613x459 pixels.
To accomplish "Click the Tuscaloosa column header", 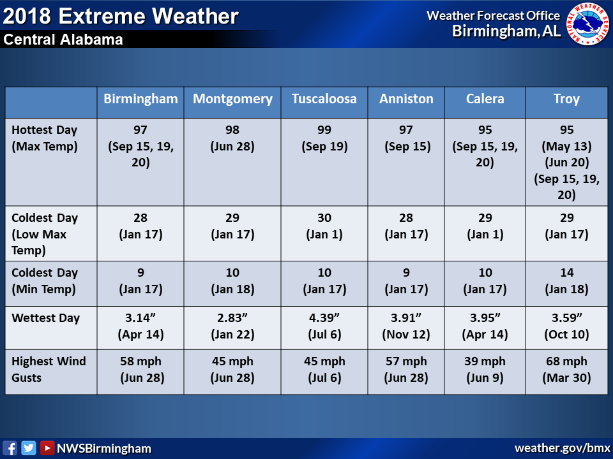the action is tap(324, 99).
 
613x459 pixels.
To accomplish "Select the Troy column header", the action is tap(566, 99).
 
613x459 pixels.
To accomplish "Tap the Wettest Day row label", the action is tap(46, 318).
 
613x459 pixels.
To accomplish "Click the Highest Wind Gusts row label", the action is tap(49, 369).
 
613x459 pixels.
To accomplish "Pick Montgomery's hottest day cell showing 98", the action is tap(232, 138).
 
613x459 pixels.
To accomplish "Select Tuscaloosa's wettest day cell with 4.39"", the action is tap(324, 326).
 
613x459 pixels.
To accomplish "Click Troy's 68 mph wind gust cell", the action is tap(566, 370).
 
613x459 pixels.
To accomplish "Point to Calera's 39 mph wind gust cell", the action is tap(485, 370).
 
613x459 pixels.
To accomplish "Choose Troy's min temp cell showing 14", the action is tap(566, 281).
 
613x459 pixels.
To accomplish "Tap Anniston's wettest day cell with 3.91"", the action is tap(406, 326).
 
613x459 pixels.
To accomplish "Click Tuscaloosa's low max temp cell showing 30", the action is tap(324, 226).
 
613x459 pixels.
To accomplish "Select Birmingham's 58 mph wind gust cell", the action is tap(140, 370).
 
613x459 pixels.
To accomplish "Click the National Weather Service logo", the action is tap(587, 24).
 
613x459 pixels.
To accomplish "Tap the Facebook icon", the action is tap(10, 448).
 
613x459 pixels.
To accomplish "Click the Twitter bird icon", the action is tap(29, 448).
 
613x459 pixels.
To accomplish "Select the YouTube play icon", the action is tap(47, 448).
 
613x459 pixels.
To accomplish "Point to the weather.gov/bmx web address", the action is tap(562, 448).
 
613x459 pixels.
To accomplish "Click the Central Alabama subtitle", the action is tap(63, 40).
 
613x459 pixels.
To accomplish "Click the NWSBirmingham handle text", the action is tap(104, 448).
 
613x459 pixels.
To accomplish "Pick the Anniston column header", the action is tap(406, 99).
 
